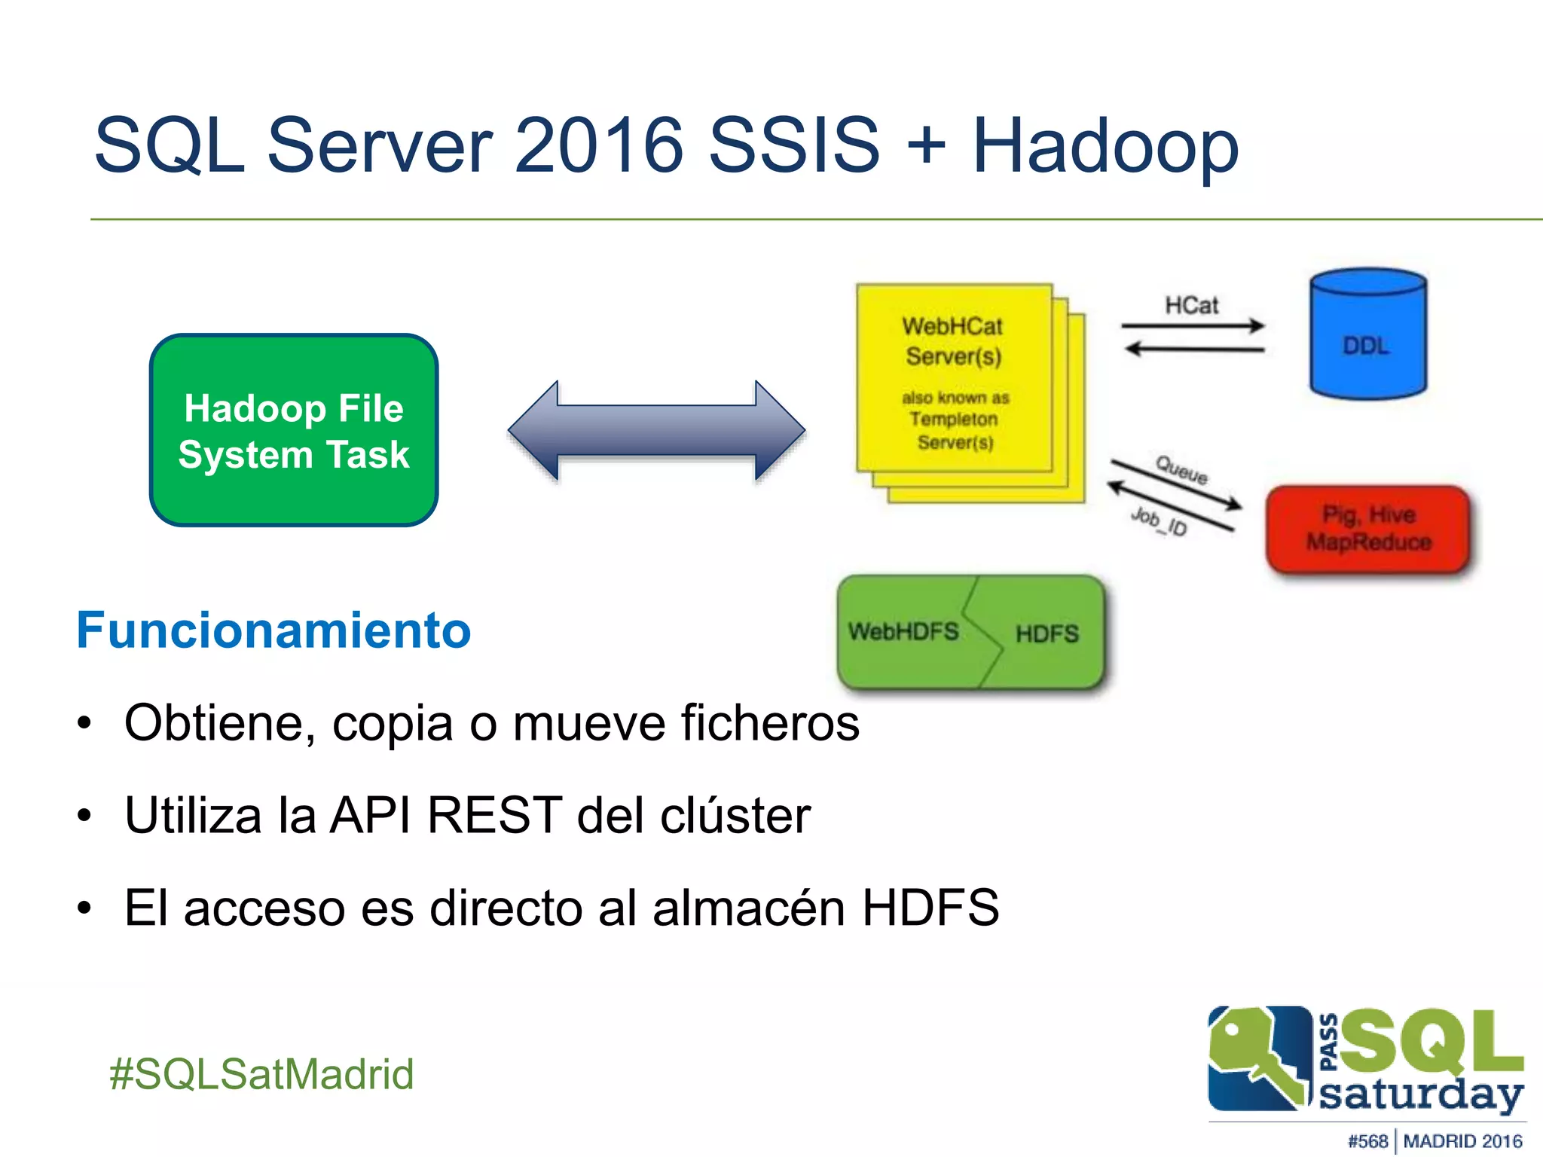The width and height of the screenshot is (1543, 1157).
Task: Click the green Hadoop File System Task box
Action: click(x=294, y=430)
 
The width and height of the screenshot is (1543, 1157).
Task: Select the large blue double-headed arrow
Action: click(x=656, y=430)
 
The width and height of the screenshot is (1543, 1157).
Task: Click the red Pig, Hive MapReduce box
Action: click(x=1368, y=529)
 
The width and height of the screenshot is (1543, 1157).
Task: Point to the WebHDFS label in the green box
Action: click(x=903, y=631)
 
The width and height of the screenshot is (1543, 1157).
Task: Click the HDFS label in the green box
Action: click(x=1046, y=633)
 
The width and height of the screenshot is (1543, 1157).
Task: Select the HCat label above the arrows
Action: click(x=1191, y=305)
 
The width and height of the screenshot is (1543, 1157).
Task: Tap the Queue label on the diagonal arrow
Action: click(x=1181, y=470)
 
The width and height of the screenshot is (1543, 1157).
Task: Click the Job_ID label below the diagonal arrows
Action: click(x=1159, y=521)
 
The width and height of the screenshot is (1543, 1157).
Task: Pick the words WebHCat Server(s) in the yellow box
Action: click(x=953, y=341)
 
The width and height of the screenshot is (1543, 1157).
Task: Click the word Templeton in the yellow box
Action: click(x=954, y=419)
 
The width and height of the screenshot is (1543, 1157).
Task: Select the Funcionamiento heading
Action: click(x=273, y=630)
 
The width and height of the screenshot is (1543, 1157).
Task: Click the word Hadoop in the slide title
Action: click(x=1105, y=145)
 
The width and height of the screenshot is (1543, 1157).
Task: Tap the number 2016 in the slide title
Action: click(x=599, y=145)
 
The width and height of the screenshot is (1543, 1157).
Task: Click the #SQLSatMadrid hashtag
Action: click(x=261, y=1073)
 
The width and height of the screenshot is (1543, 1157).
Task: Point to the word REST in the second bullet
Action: click(x=494, y=815)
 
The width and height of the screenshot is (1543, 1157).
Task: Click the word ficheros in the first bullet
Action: click(x=770, y=722)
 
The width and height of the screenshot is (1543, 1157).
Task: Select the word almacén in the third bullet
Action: click(x=749, y=907)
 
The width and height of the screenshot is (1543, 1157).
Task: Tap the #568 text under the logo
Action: click(x=1367, y=1141)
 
